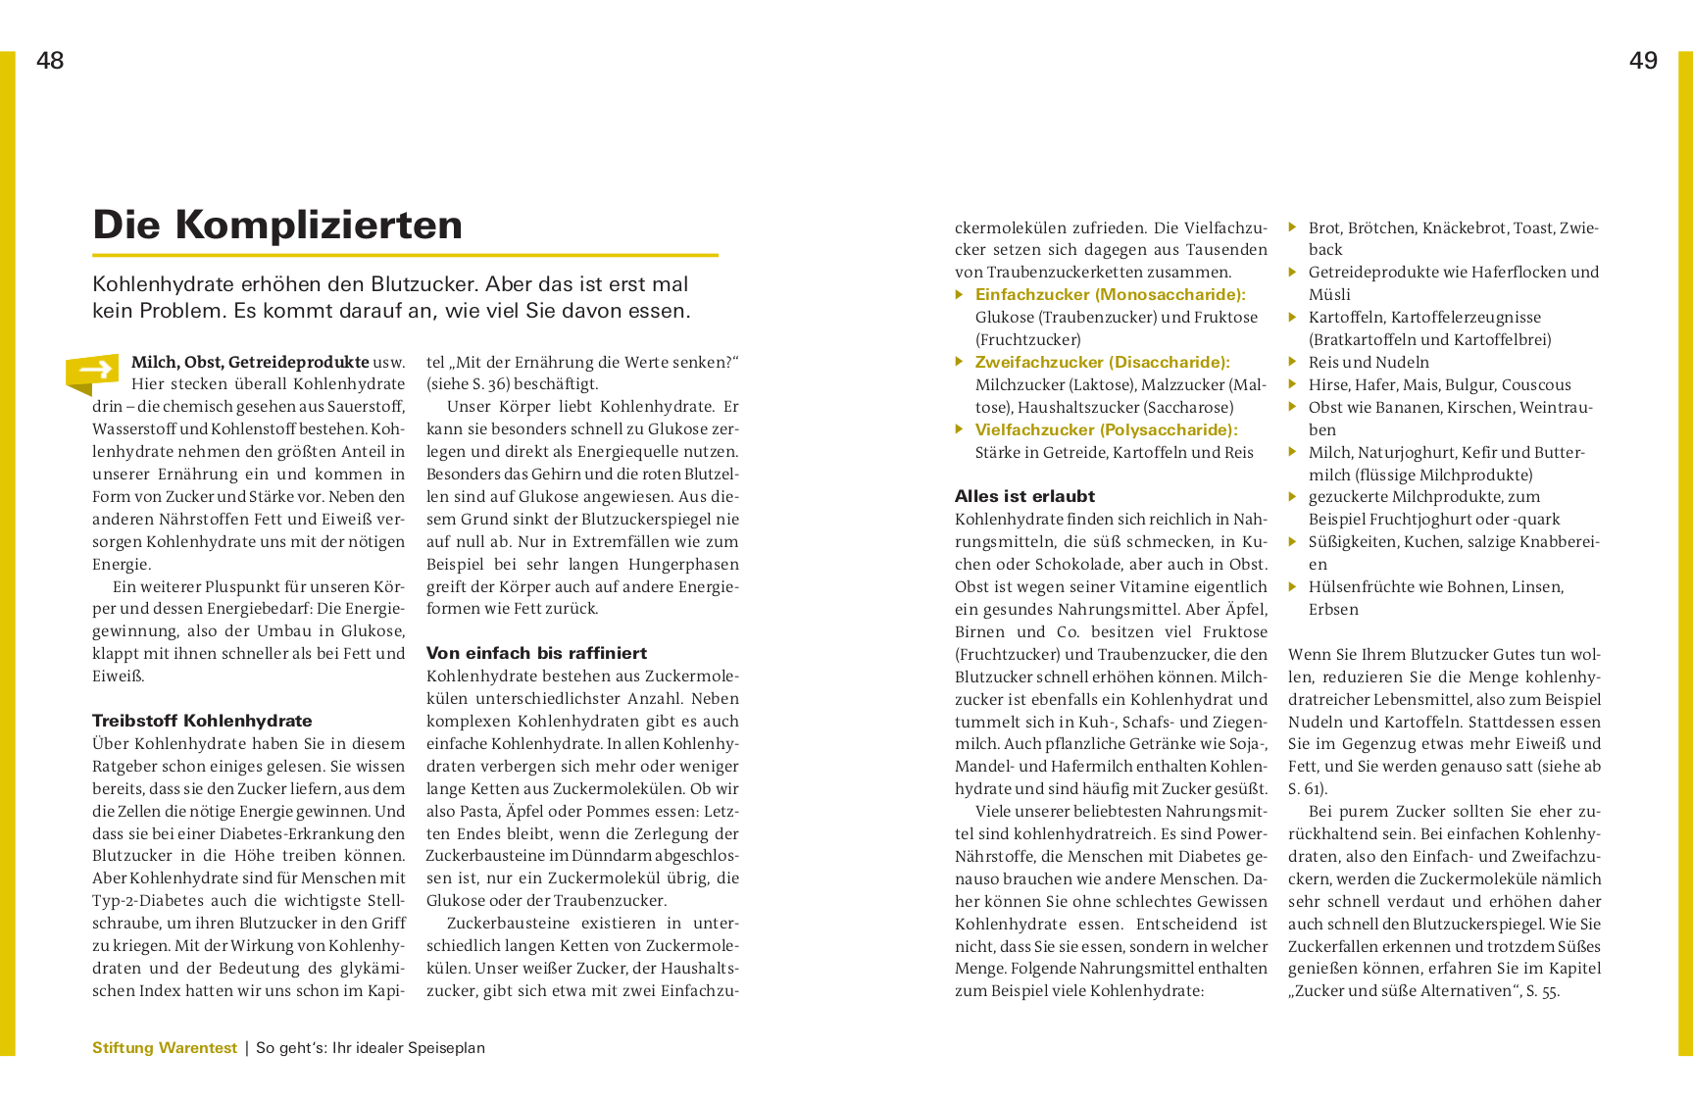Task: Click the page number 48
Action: point(50,61)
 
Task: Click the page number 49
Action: point(1643,61)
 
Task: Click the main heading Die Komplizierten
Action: point(277,225)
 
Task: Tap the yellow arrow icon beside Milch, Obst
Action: point(93,371)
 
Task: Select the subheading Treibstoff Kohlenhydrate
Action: point(202,721)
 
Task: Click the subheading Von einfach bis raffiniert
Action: point(536,653)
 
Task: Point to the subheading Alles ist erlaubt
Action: point(1024,496)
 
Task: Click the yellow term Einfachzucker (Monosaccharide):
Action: point(1110,294)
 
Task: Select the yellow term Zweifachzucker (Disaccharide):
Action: point(1102,362)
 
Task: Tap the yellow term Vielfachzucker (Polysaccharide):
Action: point(1106,429)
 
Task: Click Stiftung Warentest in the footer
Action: point(165,1047)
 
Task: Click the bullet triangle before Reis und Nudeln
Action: point(1293,362)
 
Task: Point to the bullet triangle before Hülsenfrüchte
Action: point(1293,586)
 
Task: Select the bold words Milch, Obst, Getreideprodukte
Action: point(250,362)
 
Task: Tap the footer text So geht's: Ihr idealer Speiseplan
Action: point(371,1047)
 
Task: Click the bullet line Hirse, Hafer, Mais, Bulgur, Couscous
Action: point(1439,384)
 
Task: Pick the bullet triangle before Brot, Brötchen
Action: point(1293,227)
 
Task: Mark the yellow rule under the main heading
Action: point(405,255)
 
